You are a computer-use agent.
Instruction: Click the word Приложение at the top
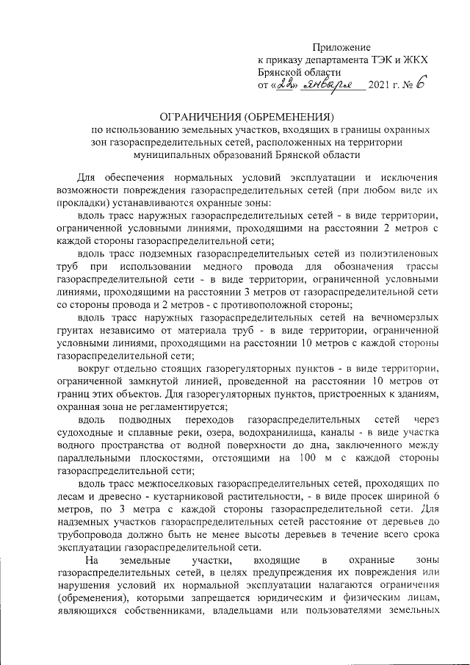tap(341, 47)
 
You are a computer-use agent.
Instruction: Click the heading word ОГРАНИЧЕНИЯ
tap(200, 117)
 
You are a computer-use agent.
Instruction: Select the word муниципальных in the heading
tap(174, 156)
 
